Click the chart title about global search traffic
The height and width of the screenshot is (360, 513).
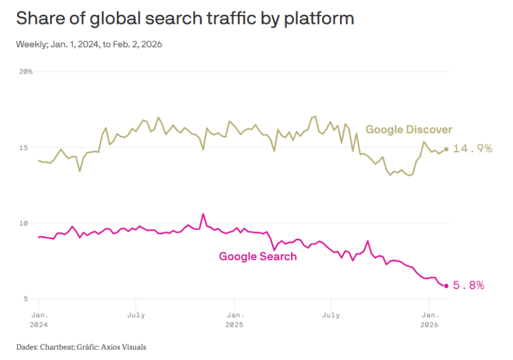click(185, 19)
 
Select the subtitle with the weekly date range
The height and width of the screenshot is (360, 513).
click(89, 44)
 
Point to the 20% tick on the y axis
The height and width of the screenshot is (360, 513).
click(26, 72)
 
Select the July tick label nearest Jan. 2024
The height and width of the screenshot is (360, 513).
click(135, 315)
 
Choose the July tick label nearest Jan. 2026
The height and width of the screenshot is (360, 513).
click(330, 315)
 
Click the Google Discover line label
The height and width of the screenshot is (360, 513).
click(409, 130)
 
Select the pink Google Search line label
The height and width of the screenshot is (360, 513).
click(258, 257)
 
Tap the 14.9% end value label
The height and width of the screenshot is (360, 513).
click(472, 149)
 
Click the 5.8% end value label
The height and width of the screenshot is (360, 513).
click(468, 285)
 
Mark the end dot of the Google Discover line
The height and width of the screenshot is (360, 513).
click(446, 149)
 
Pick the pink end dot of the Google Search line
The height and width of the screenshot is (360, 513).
click(446, 286)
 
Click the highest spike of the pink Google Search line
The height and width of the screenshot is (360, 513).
click(203, 214)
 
